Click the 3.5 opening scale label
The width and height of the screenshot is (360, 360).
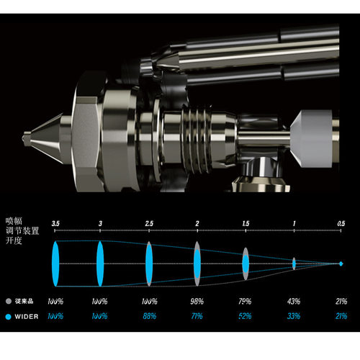(55, 224)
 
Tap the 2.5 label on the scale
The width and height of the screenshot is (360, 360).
(149, 224)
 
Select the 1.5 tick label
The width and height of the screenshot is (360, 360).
(246, 224)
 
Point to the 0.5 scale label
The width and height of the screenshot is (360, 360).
(341, 224)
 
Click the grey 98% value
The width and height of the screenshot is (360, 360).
(197, 301)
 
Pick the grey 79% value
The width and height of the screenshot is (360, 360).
(245, 301)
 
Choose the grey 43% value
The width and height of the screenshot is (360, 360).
(294, 301)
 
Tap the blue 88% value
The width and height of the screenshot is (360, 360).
(150, 316)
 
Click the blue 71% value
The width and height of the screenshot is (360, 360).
(197, 316)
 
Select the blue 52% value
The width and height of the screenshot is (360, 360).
(245, 316)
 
